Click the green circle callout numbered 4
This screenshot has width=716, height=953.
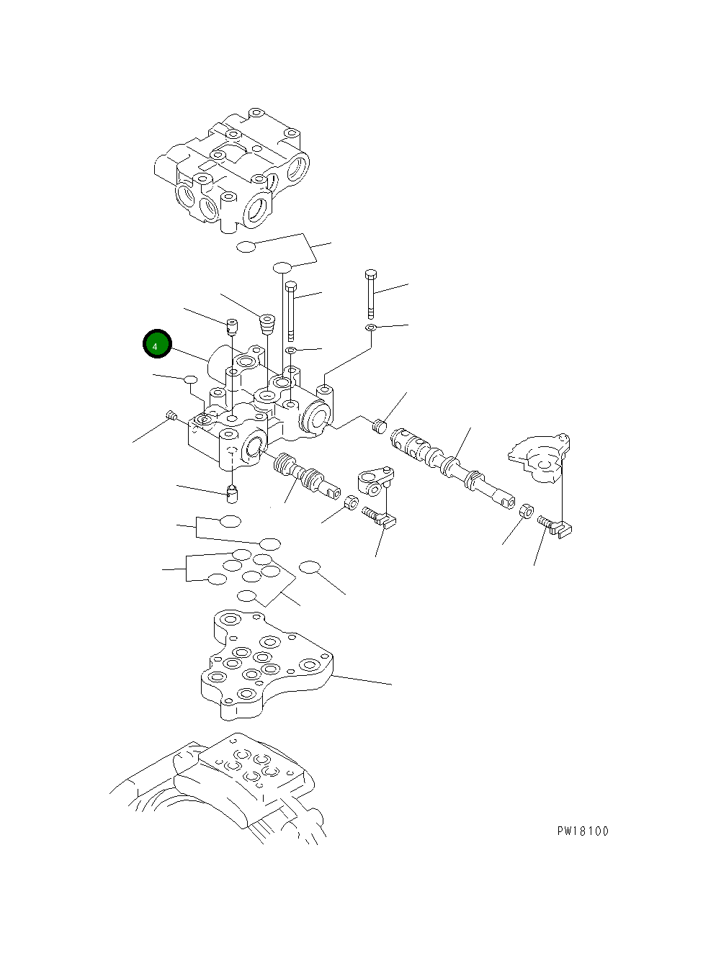pos(156,345)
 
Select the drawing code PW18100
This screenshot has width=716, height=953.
pos(582,831)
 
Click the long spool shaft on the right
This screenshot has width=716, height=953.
pos(450,466)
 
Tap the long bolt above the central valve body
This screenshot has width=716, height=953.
pos(290,310)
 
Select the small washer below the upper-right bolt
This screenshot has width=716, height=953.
pos(370,328)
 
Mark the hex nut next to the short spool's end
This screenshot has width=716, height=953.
pos(350,502)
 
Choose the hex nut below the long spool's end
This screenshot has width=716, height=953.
pos(526,512)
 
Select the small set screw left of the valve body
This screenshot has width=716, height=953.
pos(171,415)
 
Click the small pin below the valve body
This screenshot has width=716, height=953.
pos(232,494)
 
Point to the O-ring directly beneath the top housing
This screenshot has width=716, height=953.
pos(246,247)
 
